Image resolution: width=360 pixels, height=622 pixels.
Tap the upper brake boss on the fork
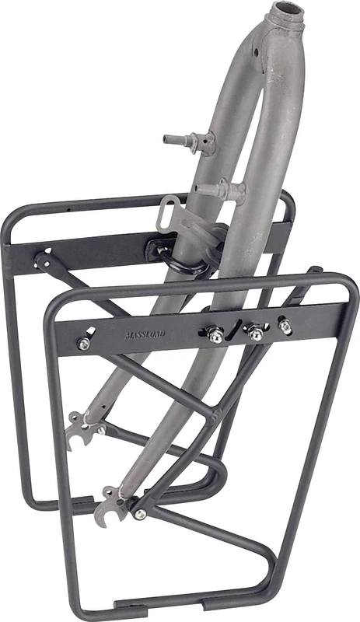(180, 142)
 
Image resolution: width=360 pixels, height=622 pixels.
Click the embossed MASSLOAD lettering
(144, 337)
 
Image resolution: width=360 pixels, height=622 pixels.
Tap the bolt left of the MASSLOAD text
(83, 342)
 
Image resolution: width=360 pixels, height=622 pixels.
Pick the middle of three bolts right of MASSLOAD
(255, 333)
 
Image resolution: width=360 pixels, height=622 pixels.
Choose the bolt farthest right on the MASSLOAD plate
(285, 327)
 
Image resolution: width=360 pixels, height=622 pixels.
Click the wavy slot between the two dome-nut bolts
(236, 328)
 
